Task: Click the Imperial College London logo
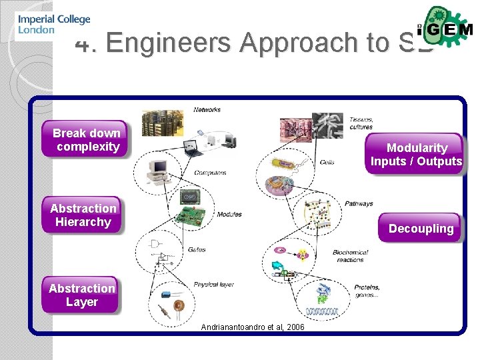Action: [x=53, y=25]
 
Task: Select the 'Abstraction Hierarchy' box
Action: [x=83, y=215]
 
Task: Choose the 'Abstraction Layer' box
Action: [x=81, y=295]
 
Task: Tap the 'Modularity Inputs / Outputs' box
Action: [x=416, y=155]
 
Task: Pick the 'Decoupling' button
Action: [x=421, y=229]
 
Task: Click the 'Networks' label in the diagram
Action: [x=207, y=110]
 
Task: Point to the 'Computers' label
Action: [x=210, y=173]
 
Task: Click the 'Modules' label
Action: [x=229, y=214]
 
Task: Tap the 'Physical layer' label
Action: [x=213, y=285]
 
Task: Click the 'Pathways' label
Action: [x=359, y=203]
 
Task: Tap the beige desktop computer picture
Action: [x=160, y=167]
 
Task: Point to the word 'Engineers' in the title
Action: [x=170, y=42]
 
